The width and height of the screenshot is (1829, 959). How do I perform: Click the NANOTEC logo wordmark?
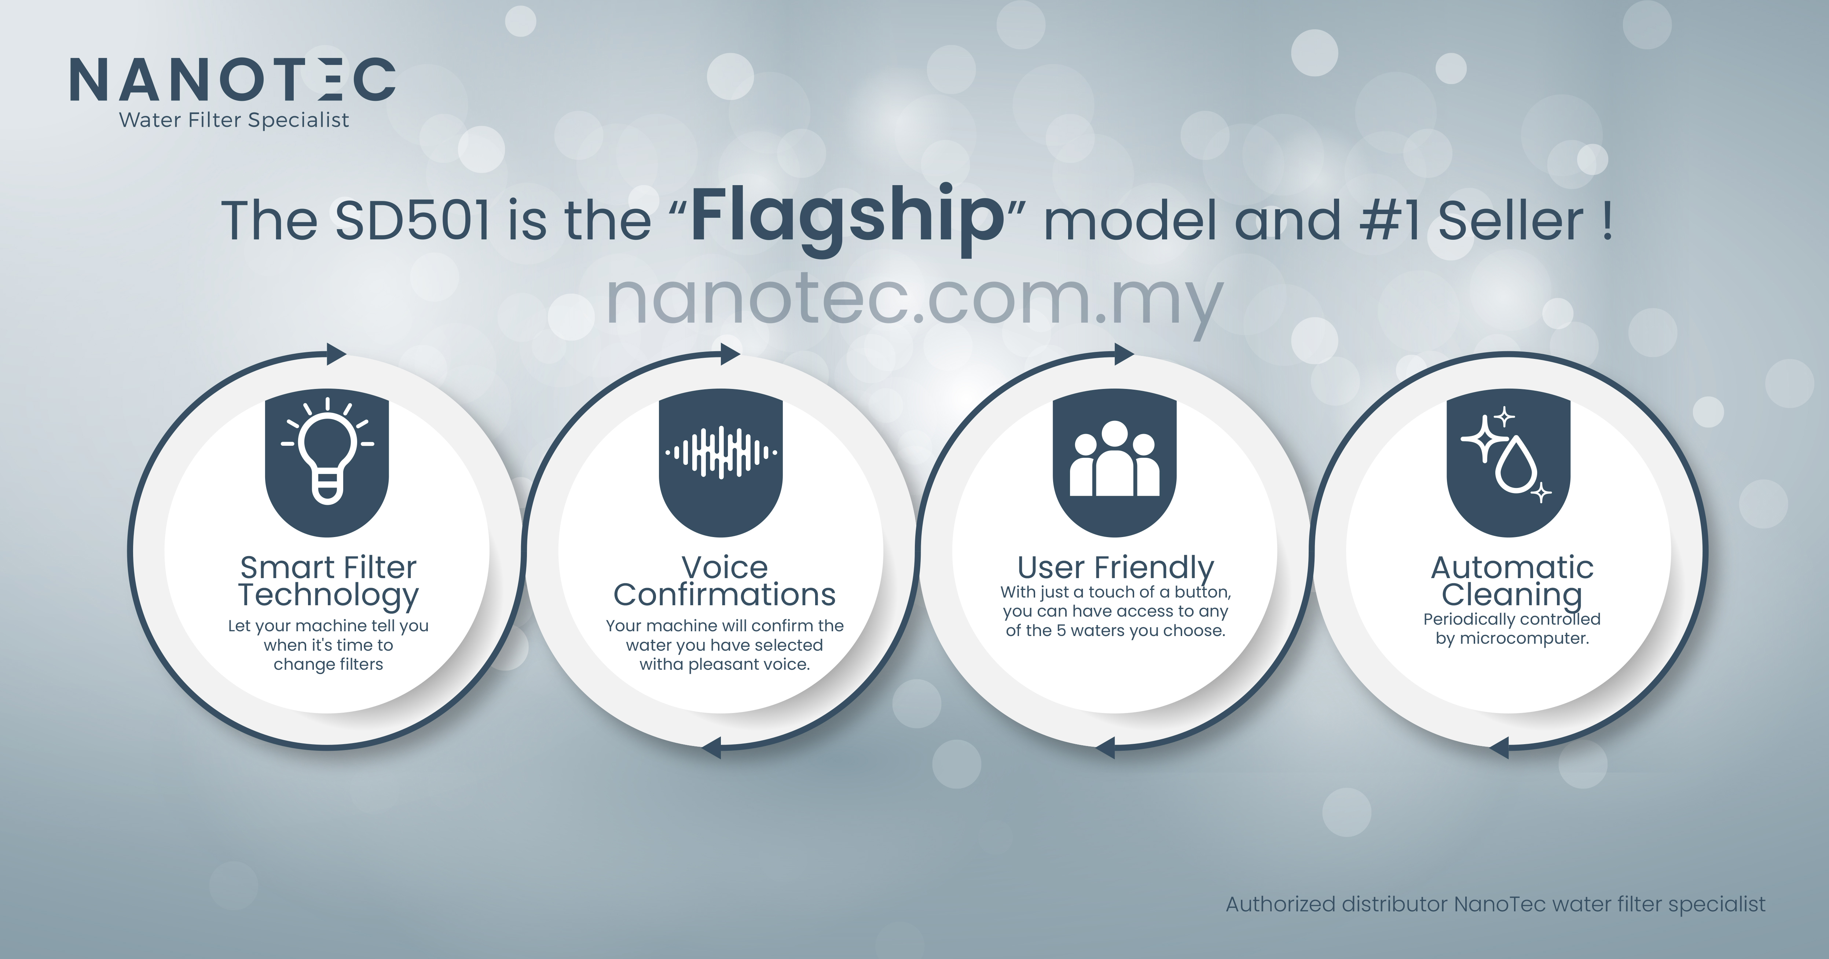(x=232, y=80)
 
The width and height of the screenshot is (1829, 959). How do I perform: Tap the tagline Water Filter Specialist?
(x=234, y=120)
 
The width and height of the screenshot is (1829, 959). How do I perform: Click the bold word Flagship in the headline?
(x=847, y=218)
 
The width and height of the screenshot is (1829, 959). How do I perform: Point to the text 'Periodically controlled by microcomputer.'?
(x=1512, y=629)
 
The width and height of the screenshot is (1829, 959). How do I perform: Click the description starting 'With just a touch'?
(x=1115, y=611)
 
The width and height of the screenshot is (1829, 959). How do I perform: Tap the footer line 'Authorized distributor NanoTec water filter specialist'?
(x=1495, y=904)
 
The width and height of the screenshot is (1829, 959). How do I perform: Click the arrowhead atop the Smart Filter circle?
(x=336, y=353)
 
